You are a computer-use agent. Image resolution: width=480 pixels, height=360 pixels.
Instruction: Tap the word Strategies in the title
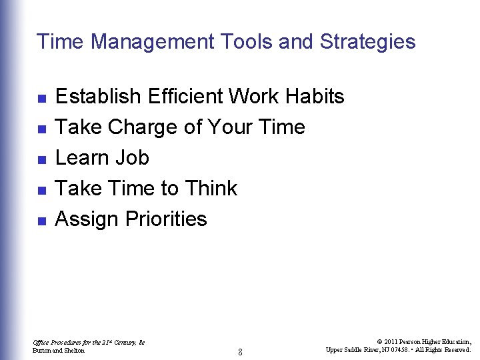[367, 42]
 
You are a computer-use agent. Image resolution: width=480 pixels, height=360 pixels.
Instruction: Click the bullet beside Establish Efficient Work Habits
[41, 98]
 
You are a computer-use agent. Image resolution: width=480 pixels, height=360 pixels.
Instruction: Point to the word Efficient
[186, 97]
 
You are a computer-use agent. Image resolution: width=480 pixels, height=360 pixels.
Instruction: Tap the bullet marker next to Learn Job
[41, 159]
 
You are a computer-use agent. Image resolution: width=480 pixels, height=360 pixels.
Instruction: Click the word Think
[211, 189]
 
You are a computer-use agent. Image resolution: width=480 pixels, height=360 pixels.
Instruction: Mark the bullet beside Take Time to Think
[41, 190]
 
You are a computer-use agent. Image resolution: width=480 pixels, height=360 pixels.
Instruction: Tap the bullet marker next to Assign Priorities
[41, 221]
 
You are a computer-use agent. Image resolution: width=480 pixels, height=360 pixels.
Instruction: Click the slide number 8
[240, 351]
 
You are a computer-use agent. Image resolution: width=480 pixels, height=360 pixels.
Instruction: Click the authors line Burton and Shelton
[59, 351]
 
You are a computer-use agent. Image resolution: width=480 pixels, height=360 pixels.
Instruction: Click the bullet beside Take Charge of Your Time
[41, 129]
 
